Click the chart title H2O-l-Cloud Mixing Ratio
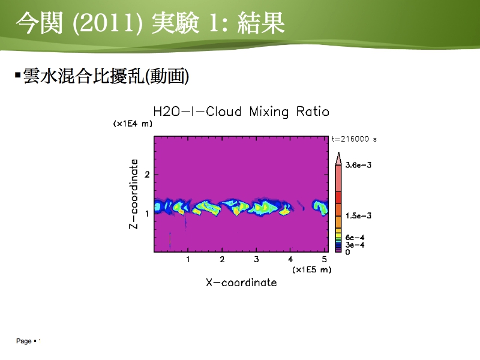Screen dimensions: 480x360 pos(241,112)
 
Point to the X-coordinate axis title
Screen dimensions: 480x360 pos(241,282)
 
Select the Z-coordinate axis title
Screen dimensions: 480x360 pos(134,194)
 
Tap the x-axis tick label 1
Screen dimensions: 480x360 pos(188,260)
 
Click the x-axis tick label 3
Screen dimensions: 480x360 pos(256,260)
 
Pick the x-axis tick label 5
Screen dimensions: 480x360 pos(325,260)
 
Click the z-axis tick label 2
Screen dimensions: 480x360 pos(147,175)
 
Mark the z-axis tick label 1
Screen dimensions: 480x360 pos(147,214)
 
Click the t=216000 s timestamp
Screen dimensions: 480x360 pos(354,139)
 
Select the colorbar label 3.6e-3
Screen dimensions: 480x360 pos(358,166)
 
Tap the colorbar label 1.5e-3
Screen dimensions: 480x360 pos(358,216)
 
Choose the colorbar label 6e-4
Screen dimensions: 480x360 pos(355,238)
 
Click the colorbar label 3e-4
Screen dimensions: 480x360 pos(355,245)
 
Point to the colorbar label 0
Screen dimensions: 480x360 pos(347,252)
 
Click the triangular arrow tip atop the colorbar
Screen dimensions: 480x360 pos(338,152)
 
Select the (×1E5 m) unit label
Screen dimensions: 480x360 pos(311,269)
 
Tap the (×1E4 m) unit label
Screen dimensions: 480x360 pos(133,124)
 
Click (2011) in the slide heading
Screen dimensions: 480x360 pos(107,23)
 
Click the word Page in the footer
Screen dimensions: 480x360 pos(24,341)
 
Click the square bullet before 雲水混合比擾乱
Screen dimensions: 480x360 pos(18,74)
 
